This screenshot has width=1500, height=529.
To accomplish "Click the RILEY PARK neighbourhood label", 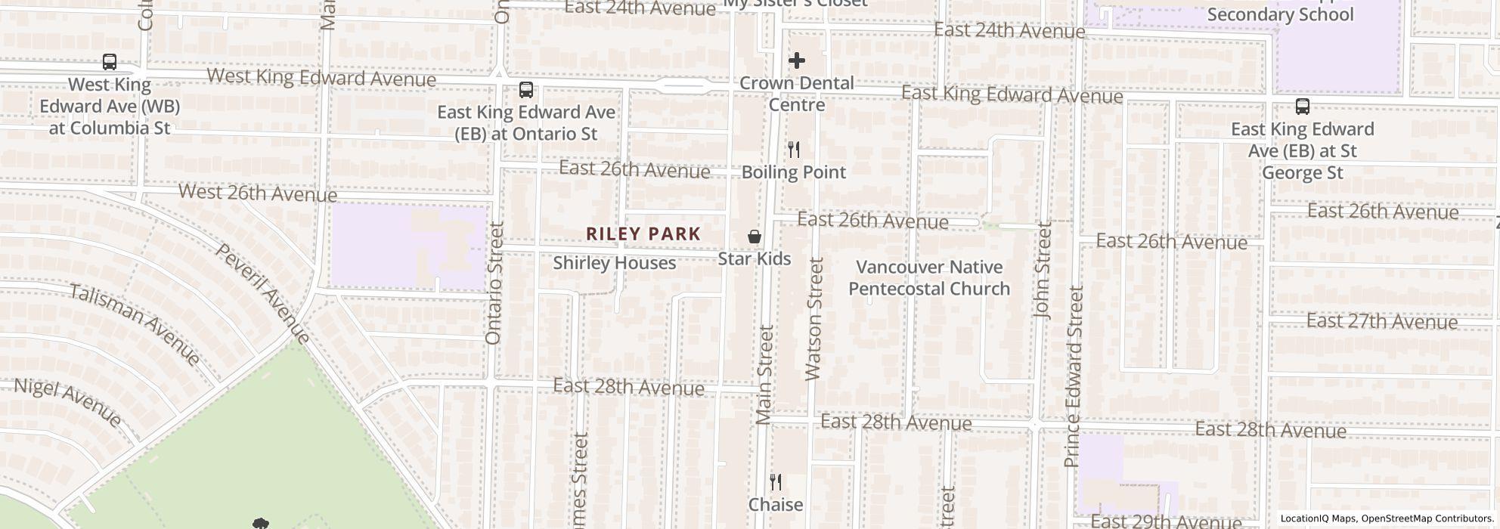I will coord(643,234).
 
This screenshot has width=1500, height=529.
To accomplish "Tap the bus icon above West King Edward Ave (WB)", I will coord(110,62).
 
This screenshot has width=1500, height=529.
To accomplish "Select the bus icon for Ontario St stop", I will coord(526,90).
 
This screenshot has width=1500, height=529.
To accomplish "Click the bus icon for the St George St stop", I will coord(1302,107).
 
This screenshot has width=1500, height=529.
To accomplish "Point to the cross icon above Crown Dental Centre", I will coord(797,60).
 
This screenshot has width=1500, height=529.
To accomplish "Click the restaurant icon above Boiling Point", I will coord(793,150).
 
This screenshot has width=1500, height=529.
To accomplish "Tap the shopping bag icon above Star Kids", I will coord(754,237).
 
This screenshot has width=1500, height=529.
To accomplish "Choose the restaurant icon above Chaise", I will coord(775,482).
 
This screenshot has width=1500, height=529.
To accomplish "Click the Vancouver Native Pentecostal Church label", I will coord(929,278).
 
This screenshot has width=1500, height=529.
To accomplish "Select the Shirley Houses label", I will coord(614,263).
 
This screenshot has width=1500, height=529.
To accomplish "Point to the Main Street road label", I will coord(765,374).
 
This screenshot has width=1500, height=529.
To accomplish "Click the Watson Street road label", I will coord(814,318).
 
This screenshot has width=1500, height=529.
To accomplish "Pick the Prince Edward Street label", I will coord(1074,376).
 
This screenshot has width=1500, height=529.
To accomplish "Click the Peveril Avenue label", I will coord(263,292).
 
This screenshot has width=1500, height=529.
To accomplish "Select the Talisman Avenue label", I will coord(135,323).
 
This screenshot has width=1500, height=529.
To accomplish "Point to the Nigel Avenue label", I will coord(67,402).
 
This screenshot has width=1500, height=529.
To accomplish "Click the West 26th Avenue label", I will coord(258,193).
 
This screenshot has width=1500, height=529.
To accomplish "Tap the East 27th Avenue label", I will coord(1381,322).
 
